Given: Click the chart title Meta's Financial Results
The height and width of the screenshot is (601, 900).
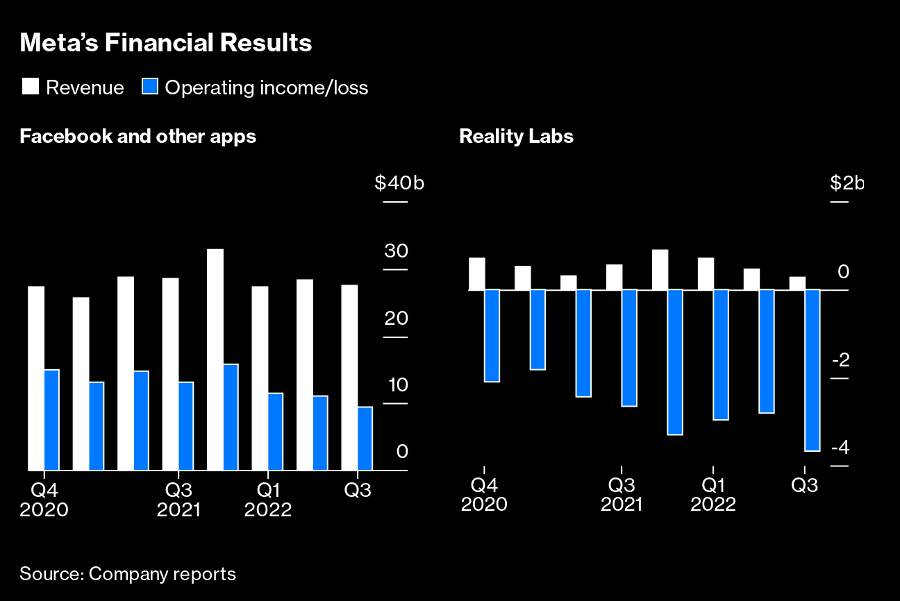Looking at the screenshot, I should coord(166,43).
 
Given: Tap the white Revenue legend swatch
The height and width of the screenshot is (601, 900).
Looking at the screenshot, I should coord(31,87).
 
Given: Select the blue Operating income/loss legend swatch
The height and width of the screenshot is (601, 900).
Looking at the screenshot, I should coord(150,87).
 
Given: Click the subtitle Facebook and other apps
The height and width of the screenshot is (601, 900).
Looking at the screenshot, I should coord(138,136).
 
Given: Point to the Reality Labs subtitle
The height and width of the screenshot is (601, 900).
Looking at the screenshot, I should coord(516,136).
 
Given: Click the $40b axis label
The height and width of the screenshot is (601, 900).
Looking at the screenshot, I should coord(399,183).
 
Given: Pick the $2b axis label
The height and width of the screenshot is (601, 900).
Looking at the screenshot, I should coord(847,183).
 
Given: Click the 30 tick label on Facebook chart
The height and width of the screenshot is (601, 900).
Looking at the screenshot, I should coord(396,251).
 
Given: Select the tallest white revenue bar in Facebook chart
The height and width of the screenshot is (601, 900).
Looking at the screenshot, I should coord(215,359).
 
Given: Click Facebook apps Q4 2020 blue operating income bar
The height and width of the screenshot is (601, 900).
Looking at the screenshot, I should coord(51,420).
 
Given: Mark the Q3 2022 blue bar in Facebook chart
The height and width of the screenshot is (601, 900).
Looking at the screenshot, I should coord(365,439).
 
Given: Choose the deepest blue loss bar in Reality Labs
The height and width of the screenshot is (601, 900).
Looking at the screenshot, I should coord(812,370).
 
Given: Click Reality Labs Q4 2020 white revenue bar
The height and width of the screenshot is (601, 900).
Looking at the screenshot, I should coord(476,273).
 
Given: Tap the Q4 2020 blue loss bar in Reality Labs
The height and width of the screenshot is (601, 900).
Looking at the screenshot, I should coord(492,335).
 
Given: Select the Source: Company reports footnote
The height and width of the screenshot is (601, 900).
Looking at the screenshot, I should coord(128,575).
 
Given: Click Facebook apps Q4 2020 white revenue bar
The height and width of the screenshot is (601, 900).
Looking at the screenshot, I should coord(36,378).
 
